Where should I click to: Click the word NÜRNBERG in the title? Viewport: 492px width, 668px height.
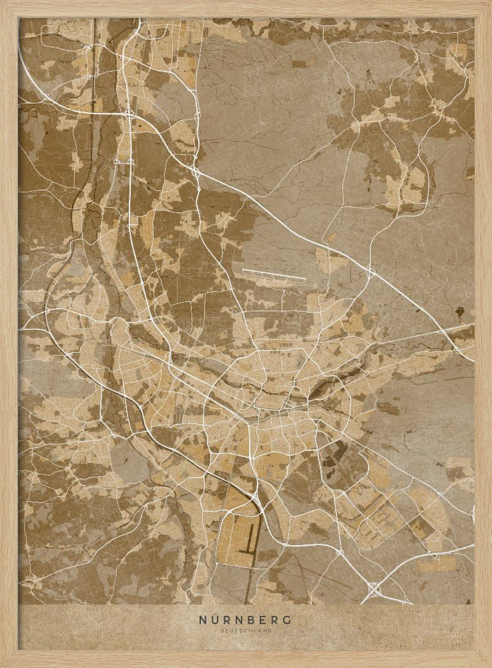pyautogui.click(x=245, y=619)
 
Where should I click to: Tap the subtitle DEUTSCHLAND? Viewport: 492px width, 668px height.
pyautogui.click(x=245, y=630)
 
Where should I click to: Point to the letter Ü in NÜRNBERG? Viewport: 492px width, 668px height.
pyautogui.click(x=213, y=619)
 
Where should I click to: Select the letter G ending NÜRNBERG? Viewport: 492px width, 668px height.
pyautogui.click(x=288, y=619)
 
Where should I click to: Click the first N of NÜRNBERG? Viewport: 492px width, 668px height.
pyautogui.click(x=202, y=619)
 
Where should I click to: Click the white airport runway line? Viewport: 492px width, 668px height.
pyautogui.click(x=274, y=274)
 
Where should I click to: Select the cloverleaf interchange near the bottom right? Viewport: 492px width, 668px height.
pyautogui.click(x=374, y=589)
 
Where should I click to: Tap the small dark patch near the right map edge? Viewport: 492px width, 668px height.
pyautogui.click(x=460, y=311)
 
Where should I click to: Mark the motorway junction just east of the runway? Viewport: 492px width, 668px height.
pyautogui.click(x=369, y=272)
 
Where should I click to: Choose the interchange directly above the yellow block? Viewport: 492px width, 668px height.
pyautogui.click(x=256, y=497)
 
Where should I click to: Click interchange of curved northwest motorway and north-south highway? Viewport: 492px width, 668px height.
pyautogui.click(x=128, y=114)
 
